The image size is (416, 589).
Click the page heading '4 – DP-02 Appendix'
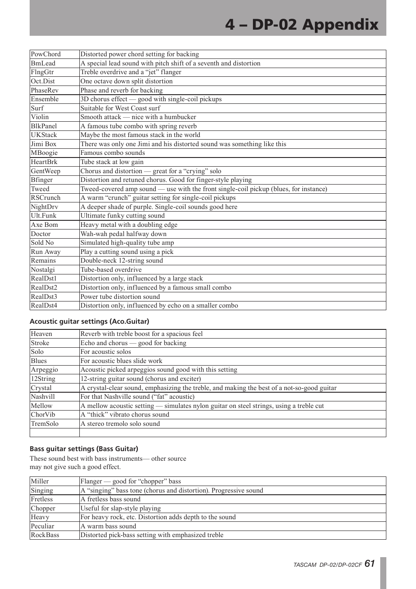click(301, 24)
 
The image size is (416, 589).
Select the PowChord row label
click(46, 54)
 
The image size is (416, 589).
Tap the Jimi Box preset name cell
click(44, 144)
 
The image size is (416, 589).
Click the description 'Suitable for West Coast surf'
click(120, 108)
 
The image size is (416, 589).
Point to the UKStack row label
click(44, 135)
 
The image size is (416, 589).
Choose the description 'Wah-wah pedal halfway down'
click(123, 234)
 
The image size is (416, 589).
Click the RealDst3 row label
click(44, 297)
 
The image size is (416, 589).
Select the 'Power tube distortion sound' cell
click(120, 297)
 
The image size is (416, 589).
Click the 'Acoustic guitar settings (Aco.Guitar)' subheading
click(89, 322)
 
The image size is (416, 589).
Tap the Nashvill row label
click(43, 397)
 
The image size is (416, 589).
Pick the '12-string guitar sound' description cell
click(140, 379)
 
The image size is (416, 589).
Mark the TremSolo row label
click(44, 424)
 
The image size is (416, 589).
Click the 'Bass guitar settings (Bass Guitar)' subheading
click(84, 449)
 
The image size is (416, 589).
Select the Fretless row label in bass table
click(42, 499)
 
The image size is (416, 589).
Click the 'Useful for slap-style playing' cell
click(120, 508)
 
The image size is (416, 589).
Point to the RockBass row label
click(45, 535)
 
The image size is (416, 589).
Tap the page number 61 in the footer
click(370, 564)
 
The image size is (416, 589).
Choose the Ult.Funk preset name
click(44, 216)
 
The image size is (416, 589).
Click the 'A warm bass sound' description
click(108, 526)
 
